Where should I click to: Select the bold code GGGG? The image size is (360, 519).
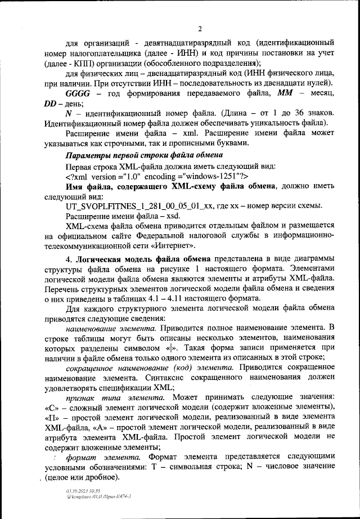[x=78, y=93]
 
